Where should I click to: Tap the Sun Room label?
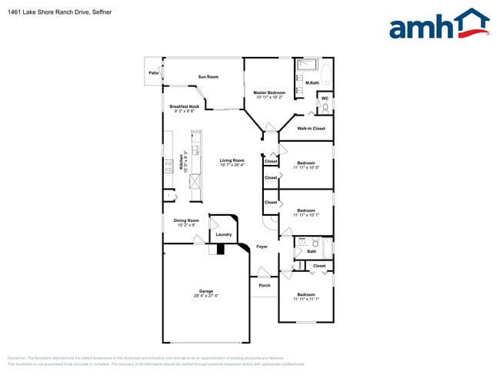pyautogui.click(x=208, y=77)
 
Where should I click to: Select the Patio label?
pyautogui.click(x=154, y=73)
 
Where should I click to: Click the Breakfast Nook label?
pyautogui.click(x=185, y=106)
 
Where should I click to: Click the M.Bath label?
pyautogui.click(x=312, y=82)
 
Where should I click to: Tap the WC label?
pyautogui.click(x=325, y=98)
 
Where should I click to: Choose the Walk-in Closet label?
pyautogui.click(x=311, y=129)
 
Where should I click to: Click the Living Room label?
pyautogui.click(x=232, y=160)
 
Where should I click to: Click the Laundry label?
pyautogui.click(x=224, y=234)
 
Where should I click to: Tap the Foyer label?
pyautogui.click(x=262, y=247)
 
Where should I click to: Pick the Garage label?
pyautogui.click(x=206, y=291)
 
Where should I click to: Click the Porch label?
pyautogui.click(x=265, y=286)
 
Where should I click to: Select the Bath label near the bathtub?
pyautogui.click(x=312, y=251)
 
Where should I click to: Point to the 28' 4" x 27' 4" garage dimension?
pyautogui.click(x=206, y=297)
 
